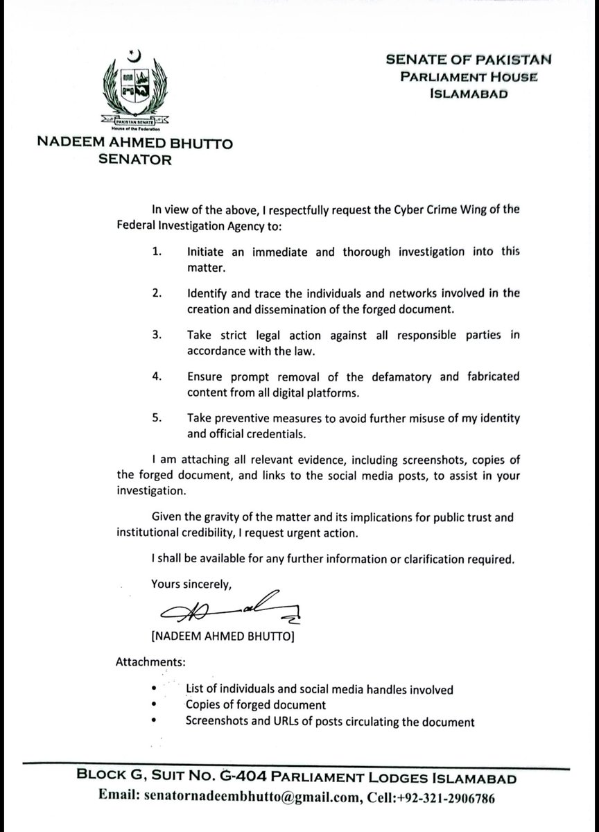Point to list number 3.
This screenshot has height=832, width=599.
(157, 336)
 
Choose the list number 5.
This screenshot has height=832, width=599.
(157, 419)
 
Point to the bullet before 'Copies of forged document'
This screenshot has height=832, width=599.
(153, 705)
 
